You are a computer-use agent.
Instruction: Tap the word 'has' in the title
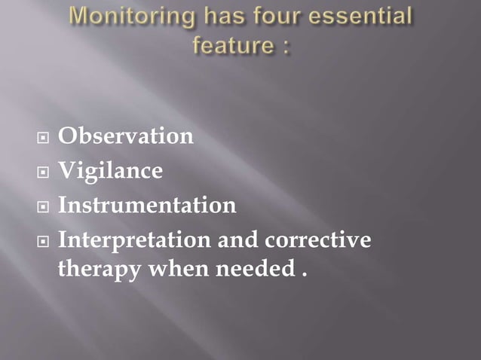pyautogui.click(x=227, y=17)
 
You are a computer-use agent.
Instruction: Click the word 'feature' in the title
pyautogui.click(x=231, y=45)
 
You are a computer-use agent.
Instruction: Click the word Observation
pyautogui.click(x=126, y=136)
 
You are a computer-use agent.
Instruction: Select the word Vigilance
pyautogui.click(x=110, y=171)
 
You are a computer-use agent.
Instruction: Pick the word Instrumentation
pyautogui.click(x=147, y=205)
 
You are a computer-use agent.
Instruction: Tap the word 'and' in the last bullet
pyautogui.click(x=238, y=240)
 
